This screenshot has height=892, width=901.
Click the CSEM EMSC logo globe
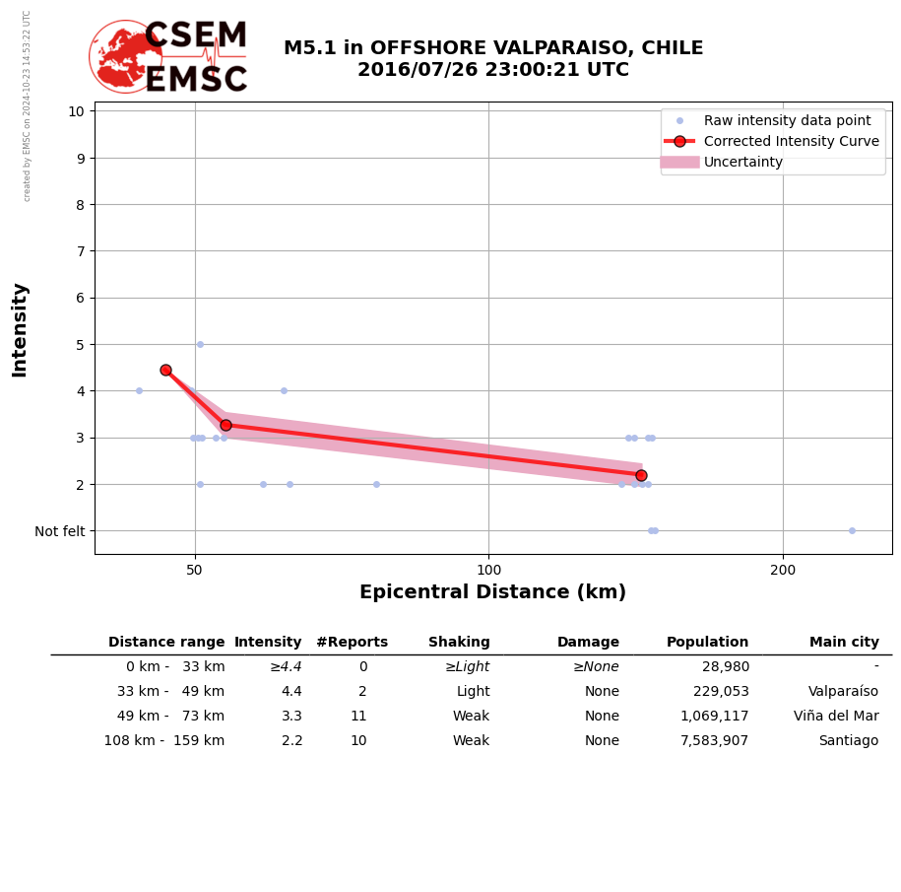pyautogui.click(x=125, y=56)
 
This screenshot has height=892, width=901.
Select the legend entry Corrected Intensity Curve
pyautogui.click(x=791, y=141)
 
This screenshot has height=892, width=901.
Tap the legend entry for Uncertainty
pyautogui.click(x=742, y=162)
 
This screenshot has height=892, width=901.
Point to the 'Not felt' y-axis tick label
pyautogui.click(x=60, y=531)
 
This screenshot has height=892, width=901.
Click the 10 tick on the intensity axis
pyautogui.click(x=76, y=110)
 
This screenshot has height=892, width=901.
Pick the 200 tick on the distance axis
pyautogui.click(x=783, y=570)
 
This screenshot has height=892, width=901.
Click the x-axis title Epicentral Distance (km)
pyautogui.click(x=492, y=592)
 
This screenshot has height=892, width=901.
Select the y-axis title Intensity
pyautogui.click(x=20, y=329)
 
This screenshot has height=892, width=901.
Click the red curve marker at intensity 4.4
pyautogui.click(x=165, y=370)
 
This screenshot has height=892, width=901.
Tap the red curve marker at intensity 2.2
pyautogui.click(x=641, y=475)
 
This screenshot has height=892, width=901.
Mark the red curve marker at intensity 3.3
pyautogui.click(x=225, y=425)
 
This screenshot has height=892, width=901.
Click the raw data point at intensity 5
pyautogui.click(x=200, y=344)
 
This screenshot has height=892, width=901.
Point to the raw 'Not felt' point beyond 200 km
pyautogui.click(x=852, y=530)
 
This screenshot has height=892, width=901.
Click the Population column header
pyautogui.click(x=707, y=643)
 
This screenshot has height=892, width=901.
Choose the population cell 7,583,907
pyautogui.click(x=714, y=741)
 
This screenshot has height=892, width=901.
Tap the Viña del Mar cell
pyautogui.click(x=836, y=717)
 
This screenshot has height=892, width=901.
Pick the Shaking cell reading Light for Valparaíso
pyautogui.click(x=473, y=692)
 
